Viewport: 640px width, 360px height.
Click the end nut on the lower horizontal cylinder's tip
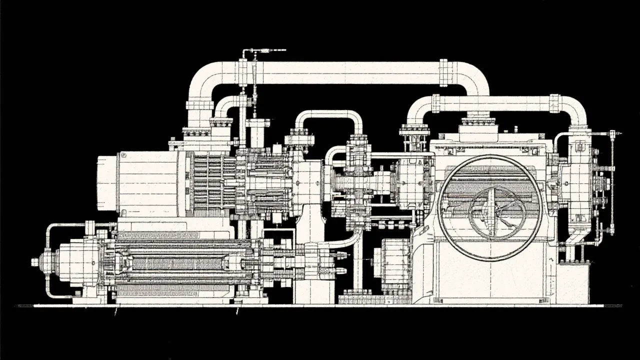[x=35, y=262]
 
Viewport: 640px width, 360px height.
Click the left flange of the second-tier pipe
[x=435, y=103]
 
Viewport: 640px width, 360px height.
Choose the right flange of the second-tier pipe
[x=554, y=103]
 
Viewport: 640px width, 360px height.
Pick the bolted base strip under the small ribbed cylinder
[x=362, y=299]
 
